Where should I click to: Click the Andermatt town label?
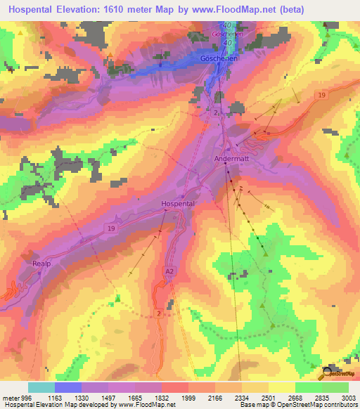click(x=231, y=160)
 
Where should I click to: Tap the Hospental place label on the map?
click(x=177, y=203)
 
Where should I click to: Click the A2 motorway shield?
click(x=169, y=270)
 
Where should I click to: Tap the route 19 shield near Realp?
click(x=111, y=229)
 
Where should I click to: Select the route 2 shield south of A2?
click(x=160, y=312)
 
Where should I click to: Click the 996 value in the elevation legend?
click(x=22, y=398)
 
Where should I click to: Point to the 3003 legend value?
click(x=349, y=398)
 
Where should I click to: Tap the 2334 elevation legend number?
click(x=242, y=398)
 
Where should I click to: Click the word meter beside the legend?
click(x=8, y=398)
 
